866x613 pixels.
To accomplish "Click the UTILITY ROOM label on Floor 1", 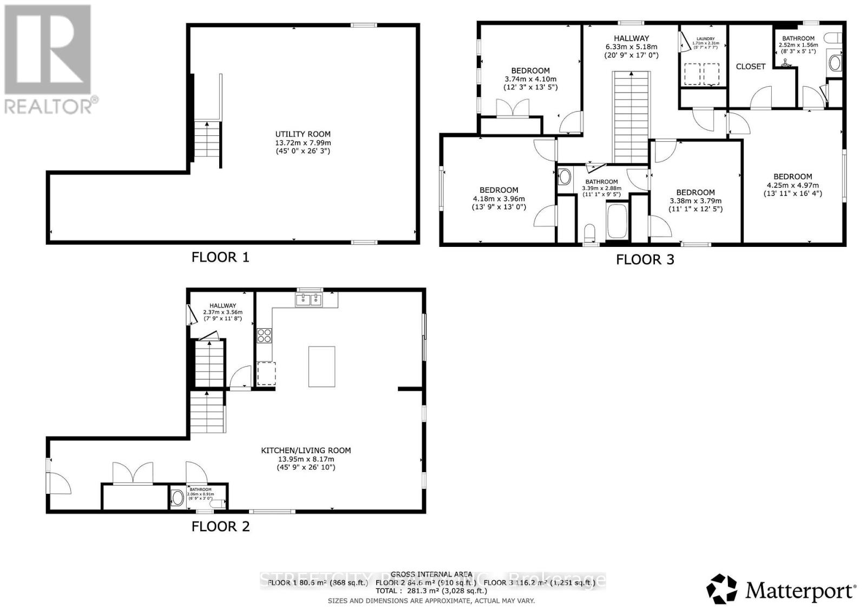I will coord(303,134).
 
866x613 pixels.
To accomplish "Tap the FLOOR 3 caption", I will coord(645,259).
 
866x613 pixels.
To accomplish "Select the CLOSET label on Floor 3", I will coord(750,67).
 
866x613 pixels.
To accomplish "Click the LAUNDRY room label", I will coord(705,39).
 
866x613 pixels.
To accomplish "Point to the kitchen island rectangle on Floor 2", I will coord(322,367).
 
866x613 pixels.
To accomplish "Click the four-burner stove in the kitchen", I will coord(264,336).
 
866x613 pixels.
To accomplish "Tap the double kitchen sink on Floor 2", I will coord(309,299).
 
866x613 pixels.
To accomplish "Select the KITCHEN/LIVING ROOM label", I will coord(306,451).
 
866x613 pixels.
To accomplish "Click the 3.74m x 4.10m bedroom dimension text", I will coord(530,79).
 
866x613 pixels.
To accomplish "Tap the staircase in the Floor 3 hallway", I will coord(631,116).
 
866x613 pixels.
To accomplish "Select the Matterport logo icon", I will coord(722,589).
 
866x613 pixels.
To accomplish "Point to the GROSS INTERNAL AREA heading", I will coord(431,575).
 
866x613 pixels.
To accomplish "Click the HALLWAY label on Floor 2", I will coord(222,305).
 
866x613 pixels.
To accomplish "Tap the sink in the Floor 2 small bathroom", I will coord(177,498).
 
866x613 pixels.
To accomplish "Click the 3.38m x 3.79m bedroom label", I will coord(695,192).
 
